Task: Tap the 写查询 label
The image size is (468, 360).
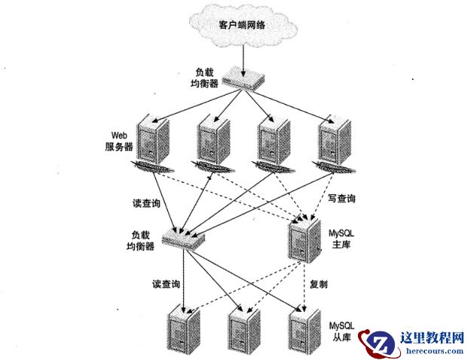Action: coord(341,199)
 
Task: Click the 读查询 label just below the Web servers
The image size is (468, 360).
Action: coord(145,203)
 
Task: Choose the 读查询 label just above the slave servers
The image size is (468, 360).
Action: coord(166,284)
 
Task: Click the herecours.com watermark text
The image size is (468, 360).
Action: coord(427,350)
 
